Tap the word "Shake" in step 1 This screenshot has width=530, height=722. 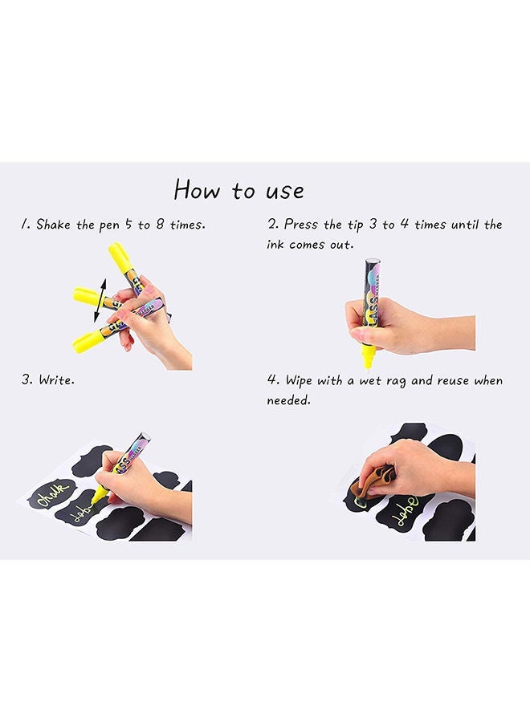[x=54, y=225]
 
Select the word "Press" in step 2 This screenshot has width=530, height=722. [x=301, y=225]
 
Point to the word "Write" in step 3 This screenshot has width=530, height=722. [x=56, y=380]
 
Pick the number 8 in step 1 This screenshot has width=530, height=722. [x=160, y=225]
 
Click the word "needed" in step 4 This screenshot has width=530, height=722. [x=288, y=400]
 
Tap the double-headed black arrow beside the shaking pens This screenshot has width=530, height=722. [x=100, y=300]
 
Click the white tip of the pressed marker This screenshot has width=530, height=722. [x=367, y=366]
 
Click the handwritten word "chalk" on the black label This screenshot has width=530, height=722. [x=51, y=494]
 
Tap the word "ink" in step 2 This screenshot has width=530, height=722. [x=275, y=244]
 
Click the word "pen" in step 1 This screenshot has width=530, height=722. [x=109, y=225]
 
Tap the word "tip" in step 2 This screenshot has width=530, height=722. [x=355, y=225]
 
